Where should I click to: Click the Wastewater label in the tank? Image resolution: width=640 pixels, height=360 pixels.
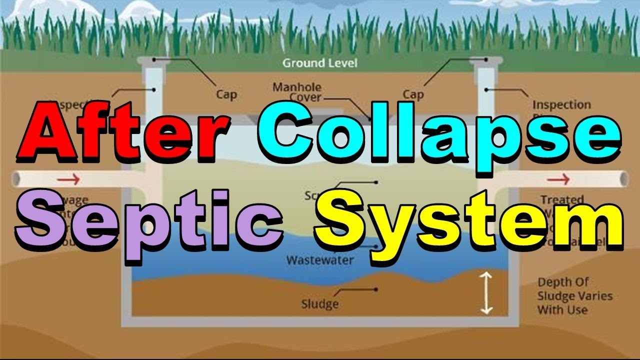[x=320, y=260]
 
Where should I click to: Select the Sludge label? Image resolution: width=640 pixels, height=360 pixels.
[x=320, y=303]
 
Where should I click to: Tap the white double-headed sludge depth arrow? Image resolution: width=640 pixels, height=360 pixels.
[x=486, y=293]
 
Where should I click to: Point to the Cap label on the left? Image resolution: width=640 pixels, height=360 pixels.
[x=226, y=94]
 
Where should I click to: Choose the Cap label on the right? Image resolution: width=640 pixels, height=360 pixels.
[x=413, y=94]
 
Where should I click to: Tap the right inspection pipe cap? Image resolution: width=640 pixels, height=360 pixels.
[x=485, y=61]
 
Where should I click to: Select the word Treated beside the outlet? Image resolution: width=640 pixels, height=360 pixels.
[x=561, y=200]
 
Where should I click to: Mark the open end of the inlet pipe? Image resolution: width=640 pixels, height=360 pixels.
[x=15, y=178]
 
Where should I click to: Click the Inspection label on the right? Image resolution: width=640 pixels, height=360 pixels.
[x=561, y=105]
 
